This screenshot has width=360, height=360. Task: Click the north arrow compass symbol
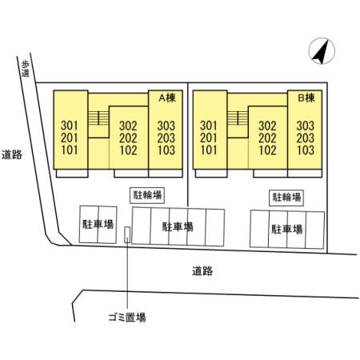tap(322, 51)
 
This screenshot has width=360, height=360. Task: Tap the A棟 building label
tap(167, 98)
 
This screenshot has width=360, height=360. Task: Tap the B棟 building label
tap(306, 98)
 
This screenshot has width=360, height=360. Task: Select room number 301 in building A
tap(70, 126)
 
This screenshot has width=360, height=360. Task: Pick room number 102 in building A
tap(128, 150)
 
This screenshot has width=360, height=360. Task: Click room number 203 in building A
tap(166, 138)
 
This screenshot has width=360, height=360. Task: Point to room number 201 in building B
tap(209, 138)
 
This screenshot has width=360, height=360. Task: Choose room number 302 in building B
tap(267, 126)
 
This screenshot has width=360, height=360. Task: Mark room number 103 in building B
tap(306, 150)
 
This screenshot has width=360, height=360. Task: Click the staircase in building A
tap(98, 118)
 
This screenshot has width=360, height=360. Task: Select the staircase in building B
tap(238, 118)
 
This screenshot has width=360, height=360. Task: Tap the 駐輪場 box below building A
tap(147, 195)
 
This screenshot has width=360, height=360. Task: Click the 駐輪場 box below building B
tap(286, 198)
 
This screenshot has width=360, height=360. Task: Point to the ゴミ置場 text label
tap(127, 318)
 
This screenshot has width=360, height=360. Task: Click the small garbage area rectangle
tap(127, 234)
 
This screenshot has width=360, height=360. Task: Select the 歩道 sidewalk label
tap(26, 69)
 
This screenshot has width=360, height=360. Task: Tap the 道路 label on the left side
tap(12, 154)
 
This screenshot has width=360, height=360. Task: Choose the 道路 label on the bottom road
tap(202, 271)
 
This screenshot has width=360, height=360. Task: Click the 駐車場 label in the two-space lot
tap(98, 224)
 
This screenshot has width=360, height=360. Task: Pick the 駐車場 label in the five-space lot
tap(178, 226)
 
